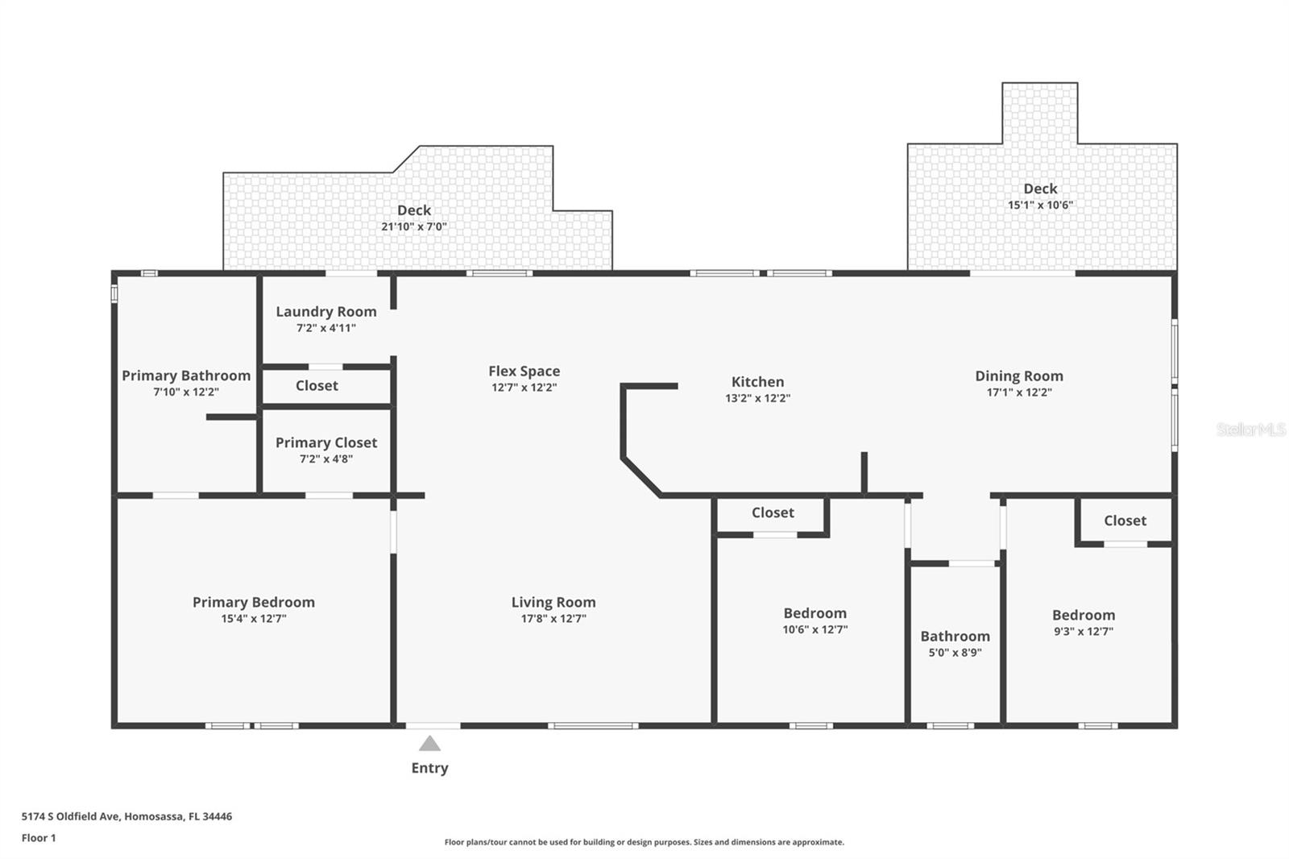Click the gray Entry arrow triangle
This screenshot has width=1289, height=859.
429,743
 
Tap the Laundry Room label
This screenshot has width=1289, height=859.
325,312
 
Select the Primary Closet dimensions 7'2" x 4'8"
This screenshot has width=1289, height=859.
325,459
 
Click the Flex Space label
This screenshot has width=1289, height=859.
524,371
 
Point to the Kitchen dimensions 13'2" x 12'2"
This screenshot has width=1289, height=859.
757,398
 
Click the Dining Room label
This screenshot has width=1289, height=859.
1018,376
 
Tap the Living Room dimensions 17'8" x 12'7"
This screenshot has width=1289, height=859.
553,619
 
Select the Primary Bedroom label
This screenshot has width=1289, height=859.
253,602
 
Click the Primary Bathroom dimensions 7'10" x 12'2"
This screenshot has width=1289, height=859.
186,392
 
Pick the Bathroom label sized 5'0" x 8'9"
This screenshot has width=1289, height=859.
955,636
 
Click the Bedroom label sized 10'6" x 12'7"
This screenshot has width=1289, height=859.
814,613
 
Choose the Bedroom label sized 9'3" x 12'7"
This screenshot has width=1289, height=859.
1083,615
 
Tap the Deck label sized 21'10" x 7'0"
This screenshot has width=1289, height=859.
413,210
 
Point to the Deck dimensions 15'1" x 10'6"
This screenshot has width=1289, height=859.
1040,205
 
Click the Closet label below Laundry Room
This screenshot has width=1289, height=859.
317,386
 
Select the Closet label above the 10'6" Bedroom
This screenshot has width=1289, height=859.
773,512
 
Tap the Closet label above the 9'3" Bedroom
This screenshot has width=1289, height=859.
1125,521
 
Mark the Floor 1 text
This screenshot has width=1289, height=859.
39,838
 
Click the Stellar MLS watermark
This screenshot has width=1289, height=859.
1250,429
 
